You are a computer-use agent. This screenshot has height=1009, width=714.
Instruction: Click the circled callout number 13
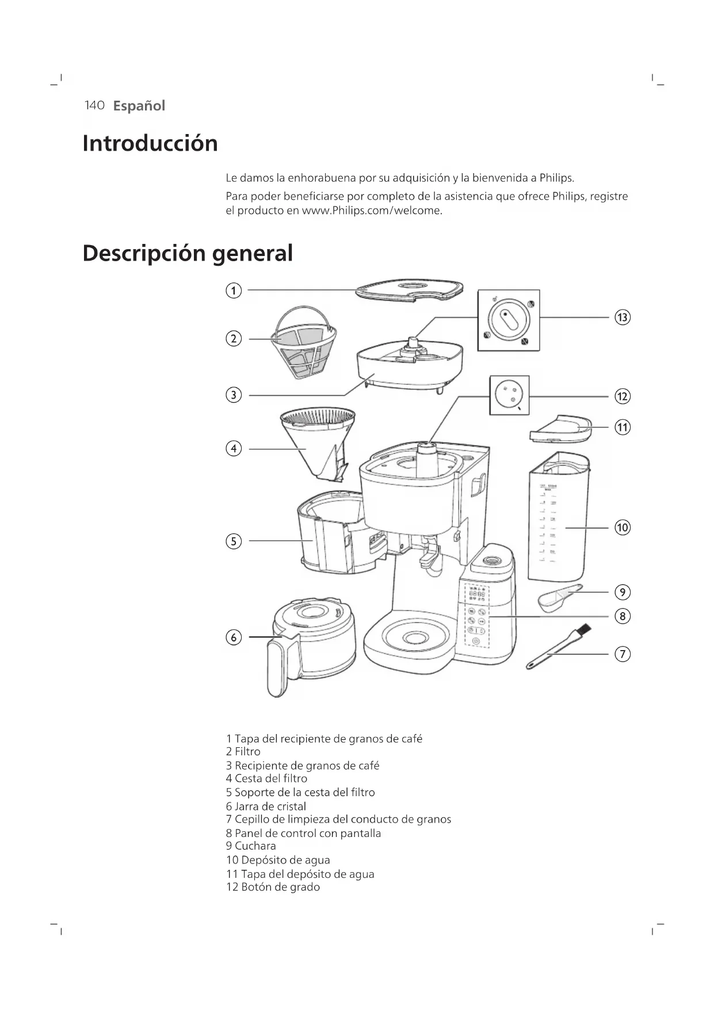(623, 317)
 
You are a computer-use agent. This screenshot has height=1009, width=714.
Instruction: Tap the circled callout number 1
(233, 291)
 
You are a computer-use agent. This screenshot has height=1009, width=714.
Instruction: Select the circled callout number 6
(233, 637)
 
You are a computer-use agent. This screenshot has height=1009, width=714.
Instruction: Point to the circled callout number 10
(623, 528)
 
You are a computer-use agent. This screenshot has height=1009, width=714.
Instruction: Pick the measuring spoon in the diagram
(558, 597)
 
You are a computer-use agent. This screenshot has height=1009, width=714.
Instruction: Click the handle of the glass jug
(279, 667)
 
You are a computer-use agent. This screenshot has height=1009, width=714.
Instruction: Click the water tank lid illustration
(560, 429)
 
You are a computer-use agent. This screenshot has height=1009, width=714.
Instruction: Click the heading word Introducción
(150, 143)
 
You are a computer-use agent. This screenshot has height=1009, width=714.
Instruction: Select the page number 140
(94, 105)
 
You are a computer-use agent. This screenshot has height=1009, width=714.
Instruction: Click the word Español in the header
(139, 106)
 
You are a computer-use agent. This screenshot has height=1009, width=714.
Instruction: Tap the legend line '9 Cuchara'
(251, 846)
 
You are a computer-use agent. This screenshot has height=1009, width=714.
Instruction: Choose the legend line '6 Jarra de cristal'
(266, 806)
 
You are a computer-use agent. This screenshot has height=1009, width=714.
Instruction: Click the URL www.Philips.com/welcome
(372, 211)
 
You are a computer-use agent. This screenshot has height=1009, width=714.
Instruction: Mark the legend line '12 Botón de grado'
(273, 886)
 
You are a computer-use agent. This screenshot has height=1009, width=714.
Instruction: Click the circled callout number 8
(623, 616)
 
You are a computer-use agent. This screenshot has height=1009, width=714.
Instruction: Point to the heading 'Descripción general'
(188, 253)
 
